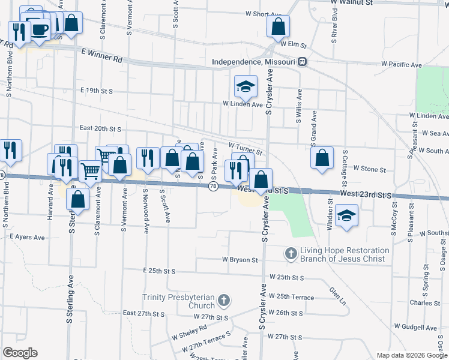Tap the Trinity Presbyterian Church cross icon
click(223, 299)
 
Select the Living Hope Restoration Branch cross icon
click(291, 254)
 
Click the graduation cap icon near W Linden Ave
click(246, 87)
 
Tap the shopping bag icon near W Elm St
click(278, 26)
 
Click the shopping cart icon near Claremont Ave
click(91, 171)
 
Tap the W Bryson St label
click(240, 260)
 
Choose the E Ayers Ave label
click(27, 238)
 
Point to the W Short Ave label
click(263, 13)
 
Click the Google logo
click(20, 353)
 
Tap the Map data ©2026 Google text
click(412, 355)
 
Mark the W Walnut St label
click(352, 2)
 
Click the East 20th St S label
click(100, 128)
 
